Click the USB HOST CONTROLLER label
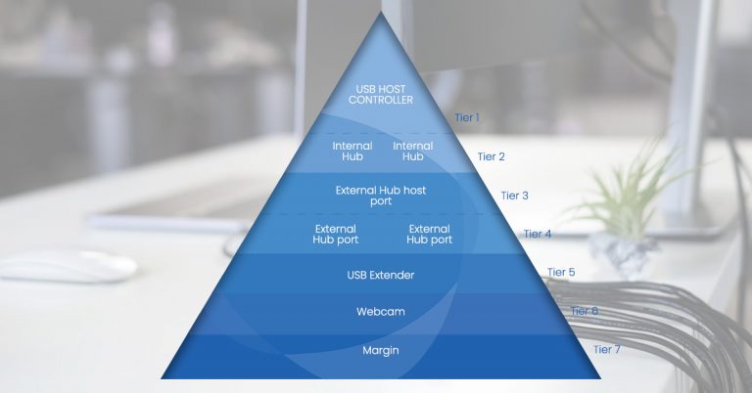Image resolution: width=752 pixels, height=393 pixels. (x=381, y=94)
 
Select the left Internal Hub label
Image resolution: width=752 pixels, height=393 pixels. (x=352, y=152)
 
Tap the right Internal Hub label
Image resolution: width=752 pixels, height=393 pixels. (x=412, y=152)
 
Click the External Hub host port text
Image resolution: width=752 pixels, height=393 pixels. (x=381, y=196)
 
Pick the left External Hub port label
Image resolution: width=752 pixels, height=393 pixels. (x=335, y=234)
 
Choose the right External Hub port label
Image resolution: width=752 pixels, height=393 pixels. (x=429, y=234)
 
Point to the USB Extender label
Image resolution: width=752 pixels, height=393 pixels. (x=381, y=275)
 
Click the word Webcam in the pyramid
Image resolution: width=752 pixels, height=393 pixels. (x=381, y=312)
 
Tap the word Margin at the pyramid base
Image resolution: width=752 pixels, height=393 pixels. (x=381, y=350)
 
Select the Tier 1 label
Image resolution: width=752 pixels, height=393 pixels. (x=467, y=117)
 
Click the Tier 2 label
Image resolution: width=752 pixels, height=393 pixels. (x=492, y=156)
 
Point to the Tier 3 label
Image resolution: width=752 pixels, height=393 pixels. (x=515, y=196)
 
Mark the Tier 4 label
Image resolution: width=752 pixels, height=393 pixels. (x=538, y=234)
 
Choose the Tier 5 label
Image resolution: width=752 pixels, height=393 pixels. (x=561, y=272)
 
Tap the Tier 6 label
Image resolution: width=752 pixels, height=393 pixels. (x=585, y=311)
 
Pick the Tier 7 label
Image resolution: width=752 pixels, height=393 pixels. (x=607, y=349)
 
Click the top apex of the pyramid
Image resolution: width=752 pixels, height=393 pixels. (x=381, y=13)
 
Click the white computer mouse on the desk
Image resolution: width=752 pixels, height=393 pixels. (x=68, y=265)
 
